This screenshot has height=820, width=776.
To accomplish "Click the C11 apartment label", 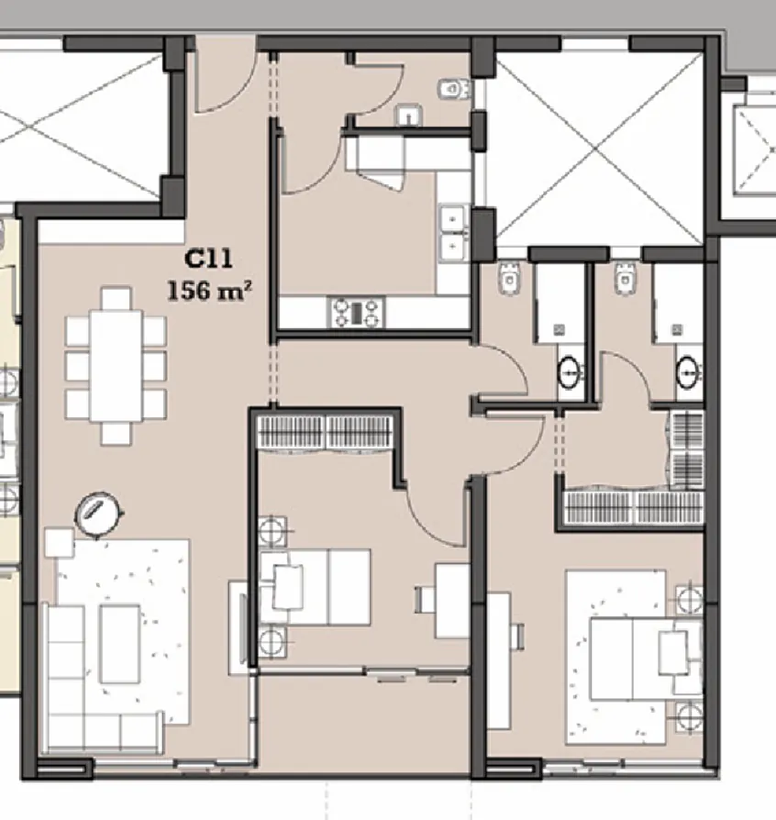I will pyautogui.click(x=210, y=259).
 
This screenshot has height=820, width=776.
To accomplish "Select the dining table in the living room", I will pyautogui.click(x=116, y=363).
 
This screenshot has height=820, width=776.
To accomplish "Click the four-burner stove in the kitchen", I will pyautogui.click(x=356, y=313).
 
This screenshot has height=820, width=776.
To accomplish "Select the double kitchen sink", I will pyautogui.click(x=451, y=231).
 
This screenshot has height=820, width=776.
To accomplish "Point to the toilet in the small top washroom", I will pyautogui.click(x=449, y=89).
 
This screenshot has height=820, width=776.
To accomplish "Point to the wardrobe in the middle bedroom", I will pyautogui.click(x=327, y=432).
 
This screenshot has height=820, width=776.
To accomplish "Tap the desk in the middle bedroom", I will pyautogui.click(x=452, y=601).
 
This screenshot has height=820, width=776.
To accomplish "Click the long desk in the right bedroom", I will pyautogui.click(x=498, y=660).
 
